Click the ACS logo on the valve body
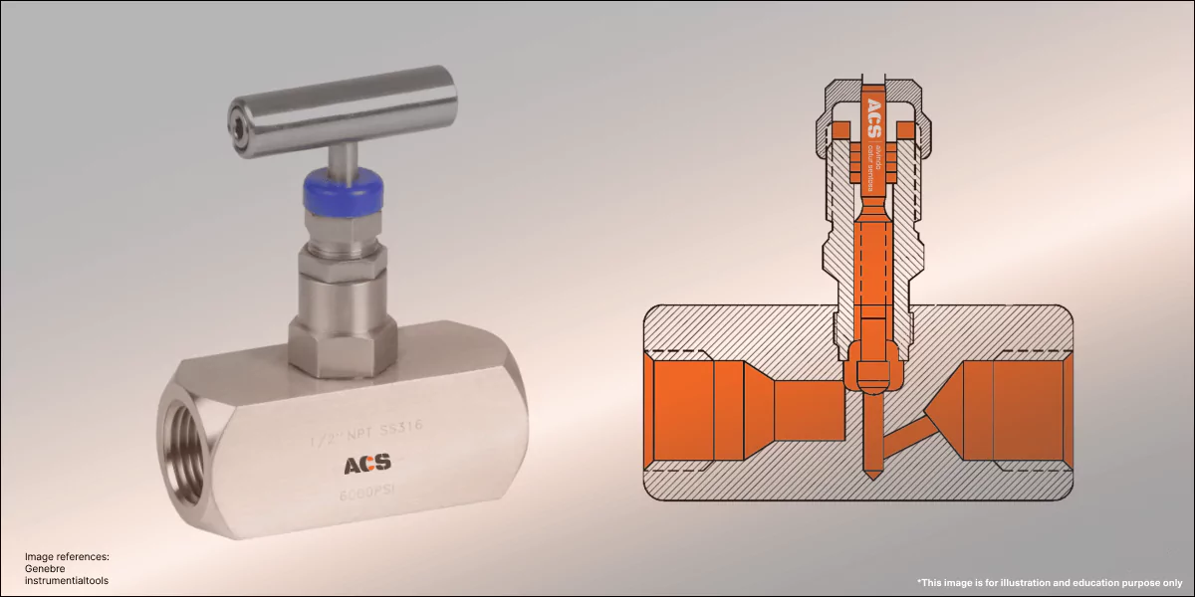[367, 463]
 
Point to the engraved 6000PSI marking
[367, 495]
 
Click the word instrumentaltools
[67, 581]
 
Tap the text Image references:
[67, 557]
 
